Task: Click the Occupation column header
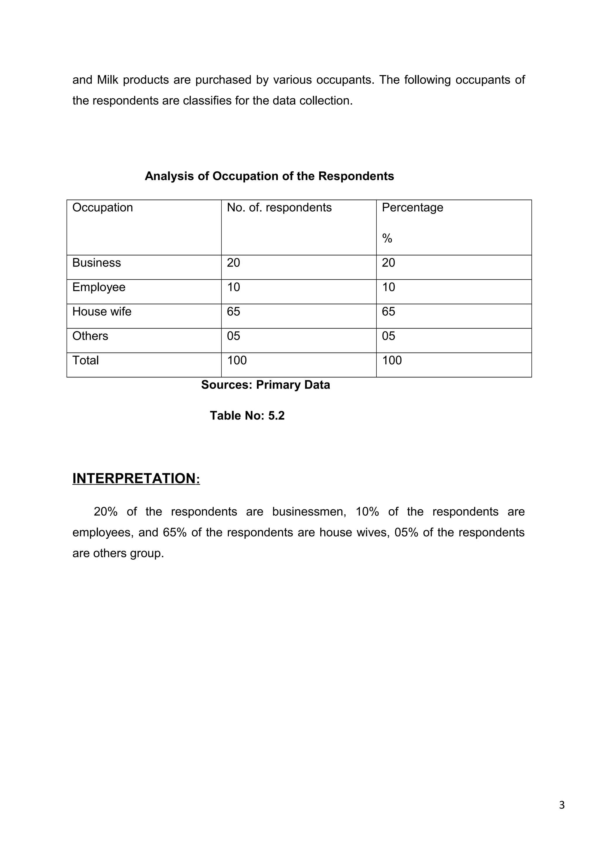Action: (102, 208)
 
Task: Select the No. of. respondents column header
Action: (279, 208)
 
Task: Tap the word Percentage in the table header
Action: (412, 208)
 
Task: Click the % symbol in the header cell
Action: (387, 239)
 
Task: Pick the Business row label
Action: (97, 263)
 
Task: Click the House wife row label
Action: (102, 312)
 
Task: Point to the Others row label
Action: (90, 336)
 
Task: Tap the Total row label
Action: (86, 360)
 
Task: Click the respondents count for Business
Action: (233, 263)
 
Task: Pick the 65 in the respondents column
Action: (233, 312)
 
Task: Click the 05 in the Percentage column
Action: (388, 336)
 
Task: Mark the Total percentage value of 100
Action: (392, 360)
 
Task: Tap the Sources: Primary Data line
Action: (265, 385)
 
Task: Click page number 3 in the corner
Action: (562, 805)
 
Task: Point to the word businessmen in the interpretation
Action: (309, 512)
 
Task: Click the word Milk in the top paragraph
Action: (107, 80)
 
